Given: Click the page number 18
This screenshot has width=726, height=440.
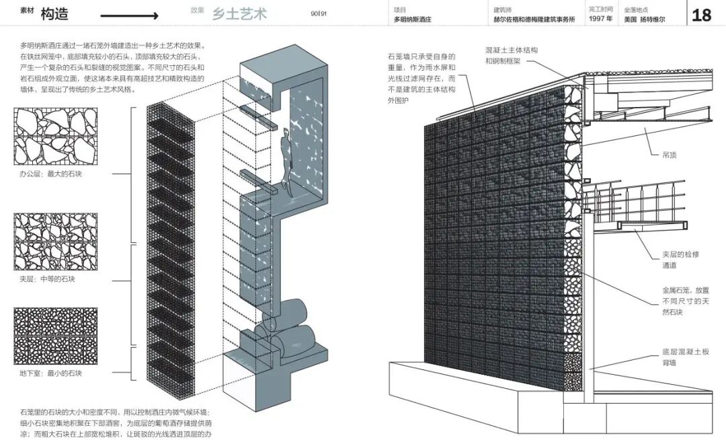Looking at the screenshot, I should pos(701,15).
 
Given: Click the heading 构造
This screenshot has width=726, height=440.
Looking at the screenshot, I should pos(54,14).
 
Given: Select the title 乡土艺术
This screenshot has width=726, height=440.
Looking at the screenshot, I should pos(239,13).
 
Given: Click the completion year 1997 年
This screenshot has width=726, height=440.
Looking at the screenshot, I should pos(600,20).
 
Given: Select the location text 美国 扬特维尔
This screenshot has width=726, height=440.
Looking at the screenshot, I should pos(646,20).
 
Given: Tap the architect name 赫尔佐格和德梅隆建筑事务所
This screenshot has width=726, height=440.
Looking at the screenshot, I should pos(534,20).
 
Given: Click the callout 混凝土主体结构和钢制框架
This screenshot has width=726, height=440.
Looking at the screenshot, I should pos(511,55).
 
